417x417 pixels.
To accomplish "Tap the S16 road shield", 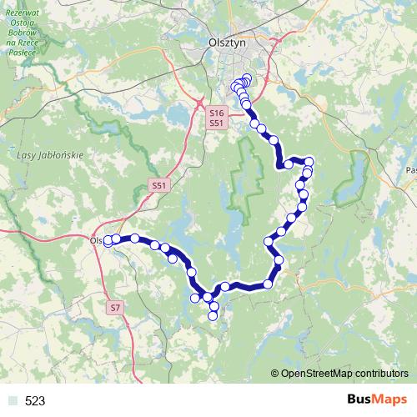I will pyautogui.click(x=217, y=113).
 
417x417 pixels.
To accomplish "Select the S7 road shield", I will pyautogui.click(x=115, y=308).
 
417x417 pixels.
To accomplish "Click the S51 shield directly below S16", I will pyautogui.click(x=217, y=123).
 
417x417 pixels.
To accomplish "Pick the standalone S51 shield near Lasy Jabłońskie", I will pyautogui.click(x=159, y=185).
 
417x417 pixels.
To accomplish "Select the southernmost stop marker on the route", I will pyautogui.click(x=213, y=316).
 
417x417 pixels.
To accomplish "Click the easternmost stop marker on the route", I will pyautogui.click(x=309, y=161).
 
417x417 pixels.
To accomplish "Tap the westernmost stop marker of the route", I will pyautogui.click(x=107, y=241).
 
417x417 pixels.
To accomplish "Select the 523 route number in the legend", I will pyautogui.click(x=35, y=401).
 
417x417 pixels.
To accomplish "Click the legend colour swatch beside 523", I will pyautogui.click(x=12, y=401).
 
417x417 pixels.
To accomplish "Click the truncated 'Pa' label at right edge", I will pyautogui.click(x=410, y=169).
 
